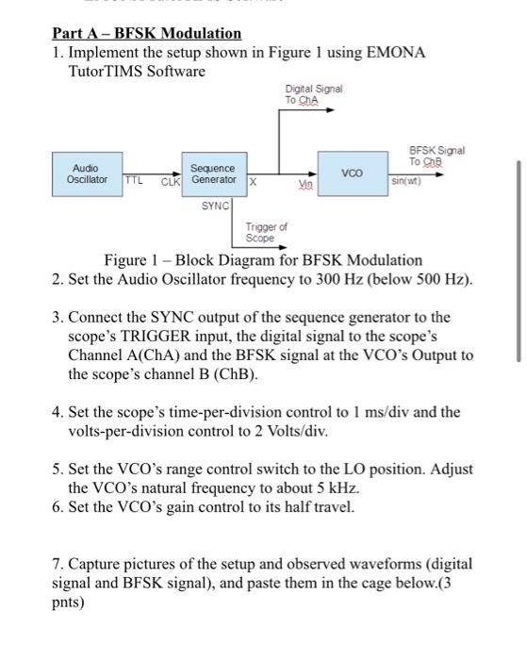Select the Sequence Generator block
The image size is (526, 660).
(212, 173)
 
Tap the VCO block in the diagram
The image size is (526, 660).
(351, 173)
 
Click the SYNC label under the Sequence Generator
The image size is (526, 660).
(215, 205)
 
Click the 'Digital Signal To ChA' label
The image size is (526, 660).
(313, 94)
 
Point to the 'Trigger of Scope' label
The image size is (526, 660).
(266, 233)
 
